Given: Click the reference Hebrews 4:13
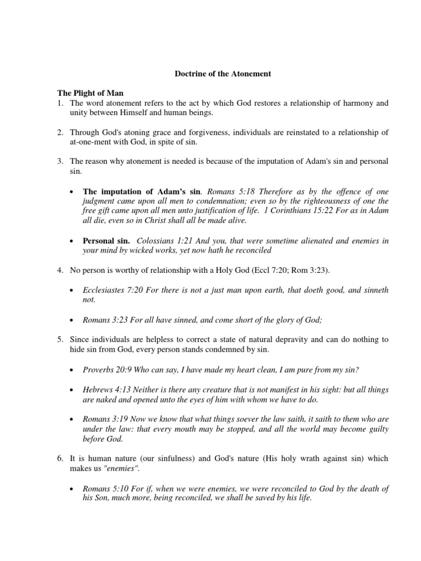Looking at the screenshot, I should [x=105, y=390].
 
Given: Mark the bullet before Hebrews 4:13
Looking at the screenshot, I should [x=72, y=390].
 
